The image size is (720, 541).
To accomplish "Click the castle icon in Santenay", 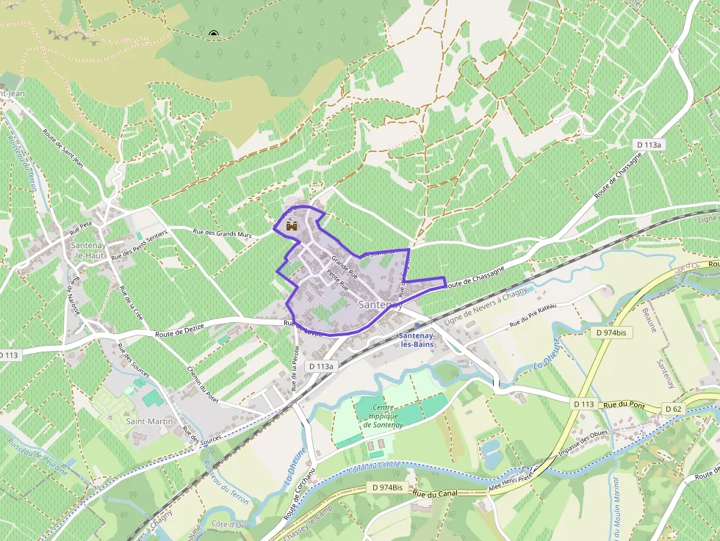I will click(292, 227).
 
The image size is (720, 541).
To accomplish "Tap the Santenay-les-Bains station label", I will click(417, 339).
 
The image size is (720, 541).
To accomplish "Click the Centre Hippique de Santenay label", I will click(384, 417).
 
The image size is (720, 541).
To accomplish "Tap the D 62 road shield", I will click(674, 408).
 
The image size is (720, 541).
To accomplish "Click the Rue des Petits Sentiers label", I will click(140, 245).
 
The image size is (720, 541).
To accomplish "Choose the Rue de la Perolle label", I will click(295, 367).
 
